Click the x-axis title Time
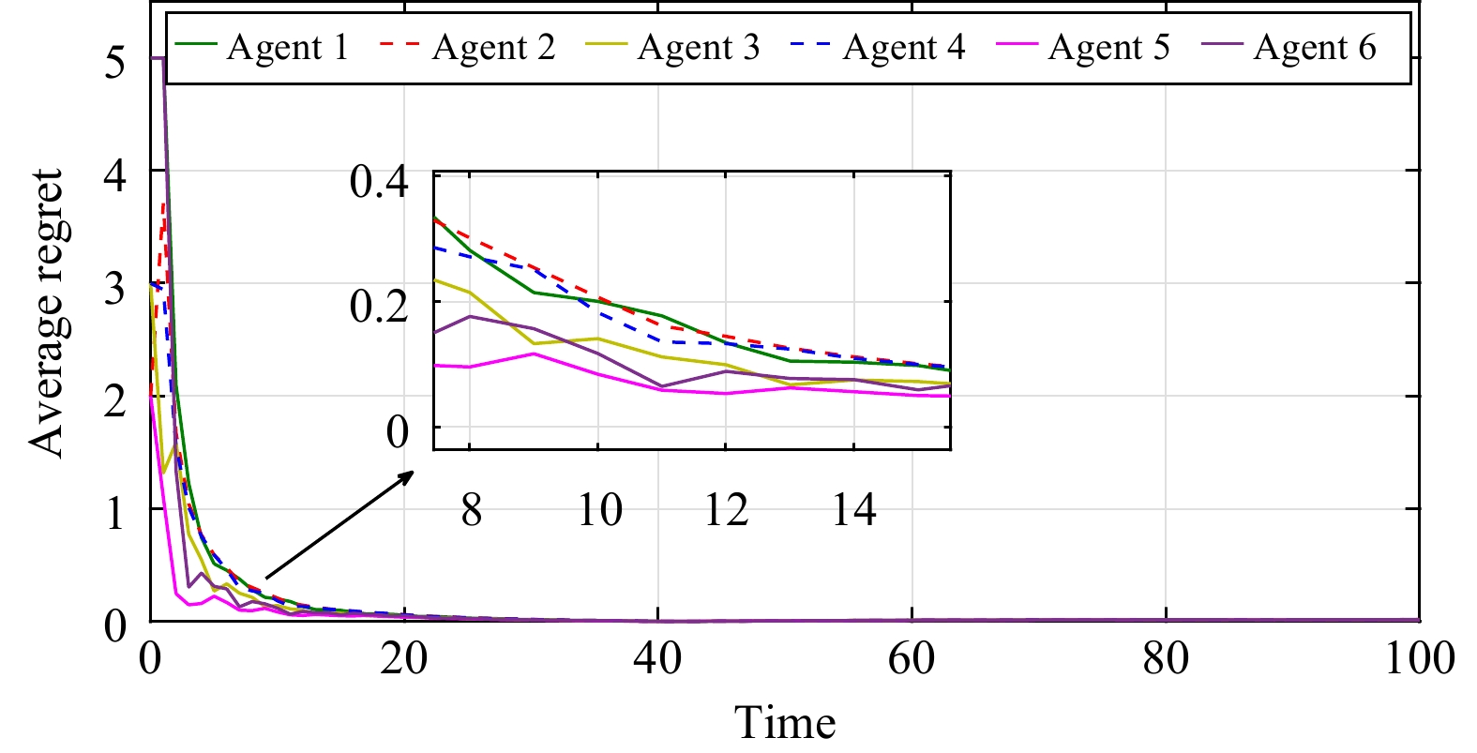[x=785, y=723]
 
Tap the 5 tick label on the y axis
[x=114, y=62]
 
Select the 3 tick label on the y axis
[x=114, y=287]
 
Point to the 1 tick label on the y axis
[x=114, y=513]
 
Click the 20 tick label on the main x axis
[x=403, y=657]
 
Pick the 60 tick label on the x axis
[x=912, y=657]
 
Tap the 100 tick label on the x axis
[x=1419, y=657]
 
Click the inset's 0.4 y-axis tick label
[x=379, y=181]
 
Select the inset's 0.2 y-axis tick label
[x=379, y=306]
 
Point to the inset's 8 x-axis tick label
[x=471, y=510]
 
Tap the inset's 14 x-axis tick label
[x=853, y=510]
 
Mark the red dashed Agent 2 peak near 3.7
[x=164, y=204]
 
